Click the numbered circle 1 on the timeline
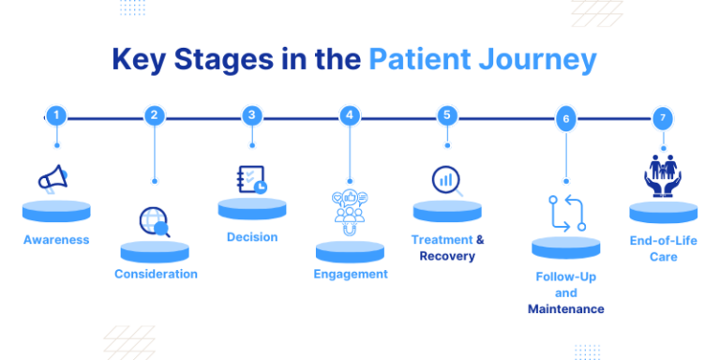point(57,116)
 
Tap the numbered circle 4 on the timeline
point(350,116)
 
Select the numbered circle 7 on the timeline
point(663,119)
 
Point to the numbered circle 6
point(565,119)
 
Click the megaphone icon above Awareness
point(52,178)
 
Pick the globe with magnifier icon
point(154,221)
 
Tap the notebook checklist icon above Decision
point(251,179)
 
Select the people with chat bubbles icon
point(350,208)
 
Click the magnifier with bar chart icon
point(447,179)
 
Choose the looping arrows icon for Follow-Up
point(566,213)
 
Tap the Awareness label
point(56,240)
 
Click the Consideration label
point(156,275)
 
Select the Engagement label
point(350,275)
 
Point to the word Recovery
point(447,257)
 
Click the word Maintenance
point(565,309)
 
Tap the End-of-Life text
point(663,240)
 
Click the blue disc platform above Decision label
point(251,207)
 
